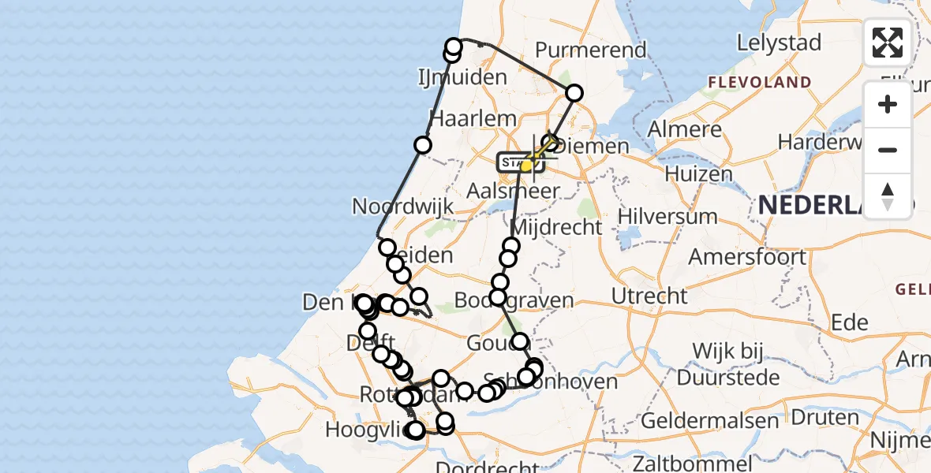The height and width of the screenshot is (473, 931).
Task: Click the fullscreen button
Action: point(888,43)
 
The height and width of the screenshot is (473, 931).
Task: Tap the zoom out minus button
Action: point(888,150)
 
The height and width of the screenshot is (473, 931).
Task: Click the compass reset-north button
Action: point(888,195)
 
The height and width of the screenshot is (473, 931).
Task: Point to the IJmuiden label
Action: point(462,77)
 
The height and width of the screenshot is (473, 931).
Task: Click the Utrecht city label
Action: point(650,296)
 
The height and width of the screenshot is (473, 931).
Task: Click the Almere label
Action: point(685,129)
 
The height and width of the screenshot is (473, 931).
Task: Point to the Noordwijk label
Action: point(403,207)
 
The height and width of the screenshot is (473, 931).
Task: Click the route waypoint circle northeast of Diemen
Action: point(574,93)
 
